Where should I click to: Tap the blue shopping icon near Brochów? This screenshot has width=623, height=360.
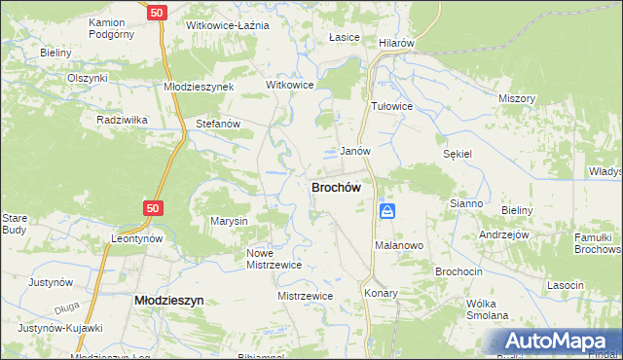click(387, 211)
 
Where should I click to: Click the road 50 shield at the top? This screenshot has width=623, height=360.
click(158, 14)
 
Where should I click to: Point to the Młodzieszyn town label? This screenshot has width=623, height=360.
click(167, 302)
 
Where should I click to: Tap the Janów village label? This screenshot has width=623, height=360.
click(354, 152)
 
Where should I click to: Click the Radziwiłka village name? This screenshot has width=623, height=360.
click(122, 120)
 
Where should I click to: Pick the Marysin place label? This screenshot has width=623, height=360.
click(230, 222)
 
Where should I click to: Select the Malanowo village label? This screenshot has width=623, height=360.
click(399, 246)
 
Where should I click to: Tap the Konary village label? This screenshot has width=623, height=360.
click(382, 293)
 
